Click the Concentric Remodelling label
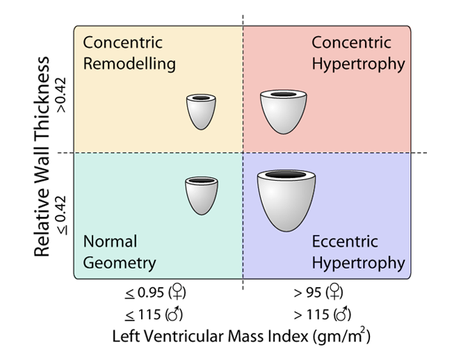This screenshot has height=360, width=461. click(x=129, y=53)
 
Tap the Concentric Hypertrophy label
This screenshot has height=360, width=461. click(x=357, y=53)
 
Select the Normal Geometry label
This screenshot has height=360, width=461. click(x=119, y=252)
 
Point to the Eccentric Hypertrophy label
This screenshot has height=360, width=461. click(x=357, y=252)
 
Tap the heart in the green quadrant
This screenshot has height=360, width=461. click(x=200, y=195)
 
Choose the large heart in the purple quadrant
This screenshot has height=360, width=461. click(x=285, y=200)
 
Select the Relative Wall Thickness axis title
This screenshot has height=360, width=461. click(x=43, y=157)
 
